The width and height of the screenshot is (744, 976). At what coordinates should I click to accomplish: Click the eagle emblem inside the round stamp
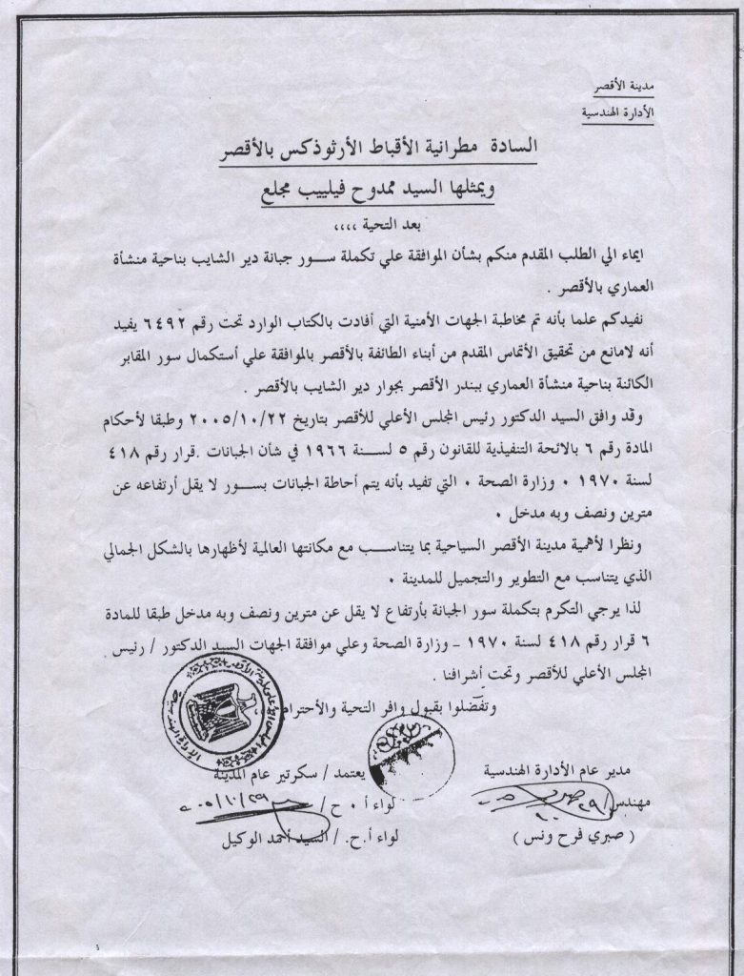tap(215, 712)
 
